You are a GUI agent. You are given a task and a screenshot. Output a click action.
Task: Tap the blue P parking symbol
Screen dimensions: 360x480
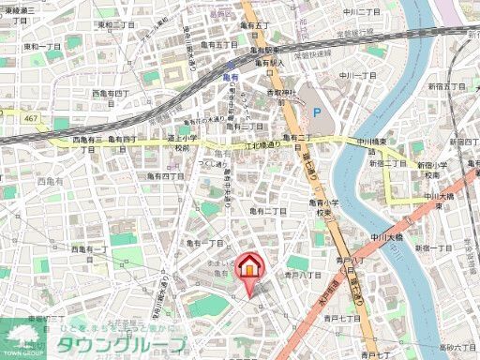click(x=315, y=112)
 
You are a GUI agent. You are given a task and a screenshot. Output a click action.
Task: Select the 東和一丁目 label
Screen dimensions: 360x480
click(x=43, y=45)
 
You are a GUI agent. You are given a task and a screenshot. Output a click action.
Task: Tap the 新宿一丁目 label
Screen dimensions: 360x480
click(x=434, y=248)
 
